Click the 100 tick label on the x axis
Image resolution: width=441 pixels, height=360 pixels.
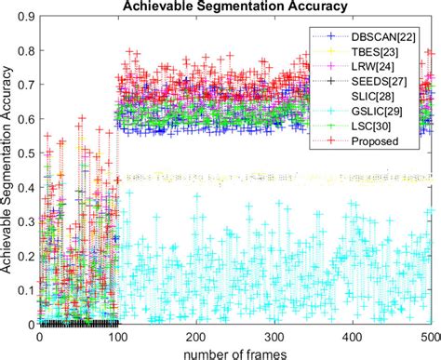pyautogui.click(x=119, y=336)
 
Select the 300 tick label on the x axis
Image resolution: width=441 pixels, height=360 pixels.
pyautogui.click(x=275, y=336)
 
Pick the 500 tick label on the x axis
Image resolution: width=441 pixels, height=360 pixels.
pyautogui.click(x=430, y=336)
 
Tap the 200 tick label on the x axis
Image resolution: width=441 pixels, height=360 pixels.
pyautogui.click(x=197, y=336)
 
